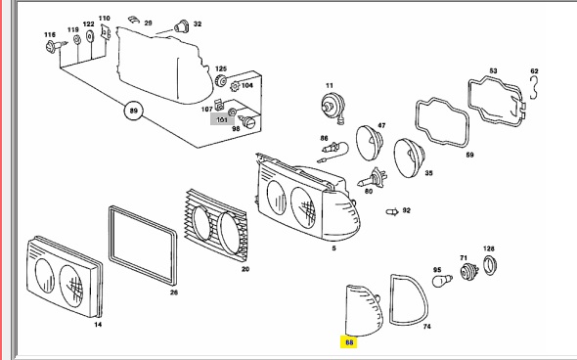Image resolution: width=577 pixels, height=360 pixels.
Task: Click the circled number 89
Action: (x=134, y=111)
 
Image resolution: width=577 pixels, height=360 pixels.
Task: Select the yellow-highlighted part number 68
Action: (x=349, y=342)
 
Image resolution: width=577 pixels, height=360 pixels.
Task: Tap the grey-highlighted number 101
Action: (x=222, y=119)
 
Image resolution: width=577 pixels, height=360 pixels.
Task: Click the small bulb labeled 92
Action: (x=392, y=212)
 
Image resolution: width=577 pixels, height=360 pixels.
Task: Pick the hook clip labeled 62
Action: (x=534, y=88)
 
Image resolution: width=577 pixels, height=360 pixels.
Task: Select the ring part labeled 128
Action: (x=490, y=265)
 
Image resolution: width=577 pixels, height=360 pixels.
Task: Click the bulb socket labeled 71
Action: (x=469, y=272)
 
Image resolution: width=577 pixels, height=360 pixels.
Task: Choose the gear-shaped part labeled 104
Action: (x=235, y=87)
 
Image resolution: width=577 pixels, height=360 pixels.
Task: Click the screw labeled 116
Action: (x=55, y=46)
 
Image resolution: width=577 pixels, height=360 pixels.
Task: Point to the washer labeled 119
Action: (x=77, y=39)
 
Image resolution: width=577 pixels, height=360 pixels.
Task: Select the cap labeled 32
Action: (x=181, y=26)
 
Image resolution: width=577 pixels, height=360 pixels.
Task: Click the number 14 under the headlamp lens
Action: (x=98, y=325)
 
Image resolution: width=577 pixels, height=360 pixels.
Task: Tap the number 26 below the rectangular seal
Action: (x=174, y=292)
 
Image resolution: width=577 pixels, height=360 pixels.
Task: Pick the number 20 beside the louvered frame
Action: (x=245, y=269)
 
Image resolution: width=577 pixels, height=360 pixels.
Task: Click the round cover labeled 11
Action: (x=333, y=107)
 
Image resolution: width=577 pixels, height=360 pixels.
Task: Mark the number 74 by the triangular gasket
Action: (x=426, y=327)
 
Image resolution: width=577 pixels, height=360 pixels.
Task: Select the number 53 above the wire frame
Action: (x=493, y=70)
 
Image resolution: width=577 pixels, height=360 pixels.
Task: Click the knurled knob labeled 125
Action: (x=220, y=80)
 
